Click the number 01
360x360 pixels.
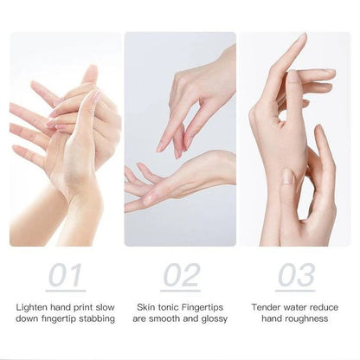click(x=66, y=276)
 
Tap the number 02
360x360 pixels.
click(x=180, y=276)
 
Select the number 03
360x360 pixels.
click(x=295, y=276)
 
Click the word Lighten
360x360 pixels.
click(x=33, y=306)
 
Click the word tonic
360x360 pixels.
click(x=174, y=306)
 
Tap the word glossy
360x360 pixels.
click(x=212, y=318)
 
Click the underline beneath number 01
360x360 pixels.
click(x=66, y=291)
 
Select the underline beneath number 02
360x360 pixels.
click(x=180, y=291)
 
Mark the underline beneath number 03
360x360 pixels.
click(x=295, y=291)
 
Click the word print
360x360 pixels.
click(x=90, y=306)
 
